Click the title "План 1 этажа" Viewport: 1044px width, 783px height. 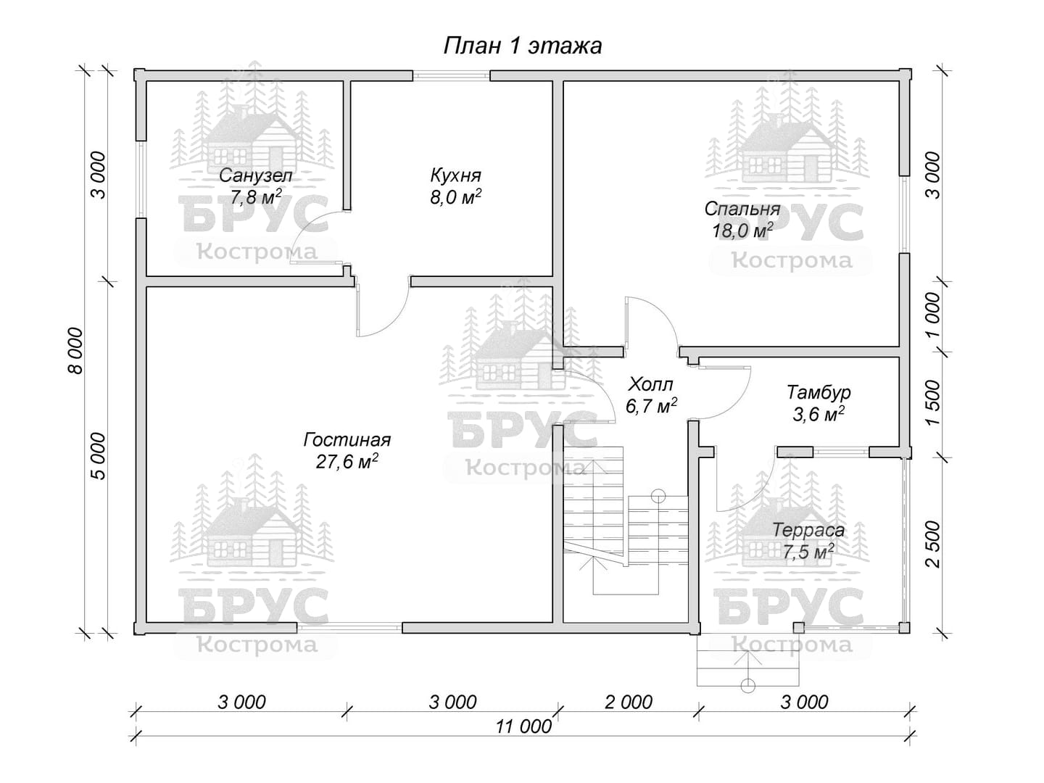[523, 46]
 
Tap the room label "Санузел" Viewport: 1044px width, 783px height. [255, 176]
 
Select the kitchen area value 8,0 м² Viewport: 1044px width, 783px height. [455, 196]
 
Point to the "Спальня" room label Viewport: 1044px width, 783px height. [742, 209]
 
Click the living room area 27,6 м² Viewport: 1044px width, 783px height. [347, 461]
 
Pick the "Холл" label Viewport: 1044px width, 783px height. [650, 384]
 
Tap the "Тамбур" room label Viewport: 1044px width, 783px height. [818, 393]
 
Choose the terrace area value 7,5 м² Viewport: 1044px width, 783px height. [808, 552]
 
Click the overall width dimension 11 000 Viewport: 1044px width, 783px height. [523, 727]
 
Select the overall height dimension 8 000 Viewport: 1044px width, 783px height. [75, 351]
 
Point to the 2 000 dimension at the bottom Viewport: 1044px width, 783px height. [629, 703]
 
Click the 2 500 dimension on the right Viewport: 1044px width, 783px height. [933, 544]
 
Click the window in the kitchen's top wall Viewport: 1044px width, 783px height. [451, 75]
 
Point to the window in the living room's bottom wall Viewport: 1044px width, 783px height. [349, 628]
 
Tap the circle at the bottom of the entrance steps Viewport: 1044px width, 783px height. [748, 686]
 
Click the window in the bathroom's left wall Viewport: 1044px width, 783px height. [141, 179]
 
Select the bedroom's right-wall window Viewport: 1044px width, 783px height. [904, 214]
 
